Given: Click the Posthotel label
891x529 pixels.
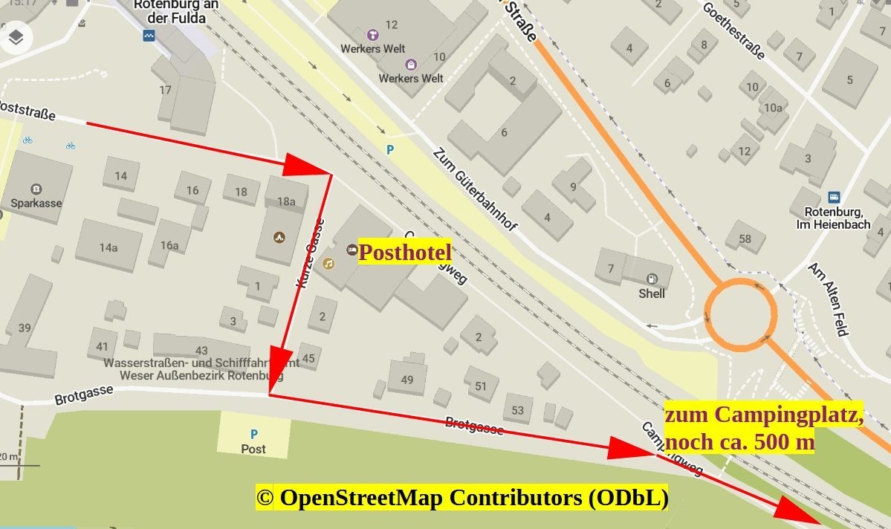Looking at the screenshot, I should click(x=405, y=253).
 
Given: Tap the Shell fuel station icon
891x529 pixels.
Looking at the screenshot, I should click(x=652, y=279).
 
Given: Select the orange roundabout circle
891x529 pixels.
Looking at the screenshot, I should click(x=741, y=314).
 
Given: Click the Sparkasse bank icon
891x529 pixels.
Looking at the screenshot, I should click(x=36, y=188).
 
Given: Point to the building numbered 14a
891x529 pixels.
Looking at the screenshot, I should click(x=108, y=247).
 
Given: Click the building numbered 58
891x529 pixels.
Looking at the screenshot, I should click(x=745, y=238).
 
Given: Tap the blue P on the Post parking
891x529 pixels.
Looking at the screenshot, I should click(x=253, y=434).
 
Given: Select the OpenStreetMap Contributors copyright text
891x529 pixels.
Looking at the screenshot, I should click(x=461, y=498).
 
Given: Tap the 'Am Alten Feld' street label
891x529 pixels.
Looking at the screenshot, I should click(x=828, y=299).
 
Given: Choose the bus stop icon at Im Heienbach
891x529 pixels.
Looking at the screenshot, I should click(x=834, y=198).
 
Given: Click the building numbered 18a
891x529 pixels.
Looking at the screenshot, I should click(x=286, y=201).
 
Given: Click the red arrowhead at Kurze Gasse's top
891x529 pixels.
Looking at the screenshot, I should click(x=306, y=166).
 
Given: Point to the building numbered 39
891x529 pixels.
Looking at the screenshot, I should click(x=25, y=328).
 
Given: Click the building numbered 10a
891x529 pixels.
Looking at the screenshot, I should click(x=773, y=108).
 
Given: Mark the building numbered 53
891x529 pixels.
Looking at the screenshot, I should click(x=517, y=410).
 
